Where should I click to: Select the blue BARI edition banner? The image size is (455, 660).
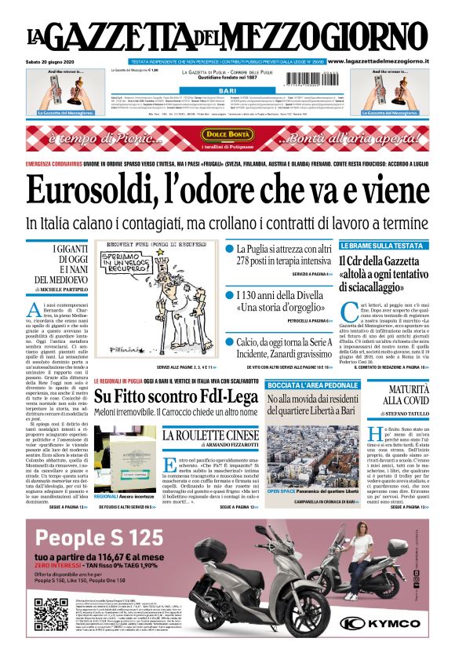[227, 91]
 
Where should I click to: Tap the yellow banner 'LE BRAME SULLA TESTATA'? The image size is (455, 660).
[381, 246]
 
